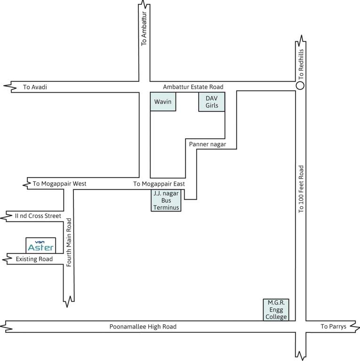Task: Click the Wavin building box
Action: point(163,102)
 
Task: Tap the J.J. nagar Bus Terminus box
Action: point(166,201)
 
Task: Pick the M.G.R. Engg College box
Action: point(275,310)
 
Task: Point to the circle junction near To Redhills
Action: point(300,86)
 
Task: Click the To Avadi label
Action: point(35,87)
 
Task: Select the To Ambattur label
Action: point(144,31)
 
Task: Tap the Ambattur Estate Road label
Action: point(193,87)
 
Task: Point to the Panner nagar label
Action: point(208,145)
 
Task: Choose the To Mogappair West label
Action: point(60,183)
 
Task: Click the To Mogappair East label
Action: point(159,184)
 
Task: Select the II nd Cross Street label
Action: point(38,216)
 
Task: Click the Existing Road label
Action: point(34,259)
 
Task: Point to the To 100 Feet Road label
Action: point(302,189)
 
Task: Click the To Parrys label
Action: point(333,326)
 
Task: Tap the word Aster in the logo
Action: point(41,248)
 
